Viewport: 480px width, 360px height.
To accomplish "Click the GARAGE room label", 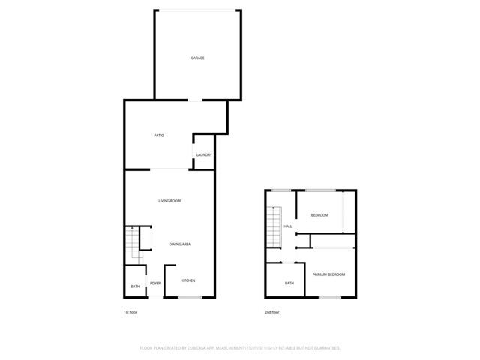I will [x=197, y=58].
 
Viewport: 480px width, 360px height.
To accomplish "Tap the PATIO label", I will [x=159, y=136].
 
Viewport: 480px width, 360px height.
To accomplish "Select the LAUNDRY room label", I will [x=204, y=155].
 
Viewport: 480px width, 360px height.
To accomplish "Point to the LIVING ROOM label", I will [x=169, y=201].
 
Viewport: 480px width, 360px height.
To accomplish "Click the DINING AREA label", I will [x=179, y=244].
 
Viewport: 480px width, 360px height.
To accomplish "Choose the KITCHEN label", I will [x=188, y=280].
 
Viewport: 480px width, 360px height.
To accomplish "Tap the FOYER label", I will [x=155, y=283].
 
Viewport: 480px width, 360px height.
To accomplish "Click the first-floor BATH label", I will [x=135, y=286].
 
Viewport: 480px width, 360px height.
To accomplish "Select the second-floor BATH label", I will [x=289, y=283].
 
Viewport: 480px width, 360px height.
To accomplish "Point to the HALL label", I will [x=288, y=226].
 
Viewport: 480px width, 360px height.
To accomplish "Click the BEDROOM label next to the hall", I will [x=320, y=215].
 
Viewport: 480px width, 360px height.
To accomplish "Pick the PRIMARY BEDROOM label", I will [x=329, y=274].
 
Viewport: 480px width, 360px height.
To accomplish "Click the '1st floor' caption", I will [x=131, y=312].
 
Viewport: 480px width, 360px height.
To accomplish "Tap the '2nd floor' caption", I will [x=272, y=312].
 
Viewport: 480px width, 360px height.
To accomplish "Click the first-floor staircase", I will [x=131, y=241].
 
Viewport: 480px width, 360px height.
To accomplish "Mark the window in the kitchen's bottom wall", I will [x=190, y=298].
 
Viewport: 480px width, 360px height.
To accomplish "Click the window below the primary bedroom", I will [x=330, y=298].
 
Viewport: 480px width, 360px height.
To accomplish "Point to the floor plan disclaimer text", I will [x=240, y=348].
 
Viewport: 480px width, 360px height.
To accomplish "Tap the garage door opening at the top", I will [x=198, y=10].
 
